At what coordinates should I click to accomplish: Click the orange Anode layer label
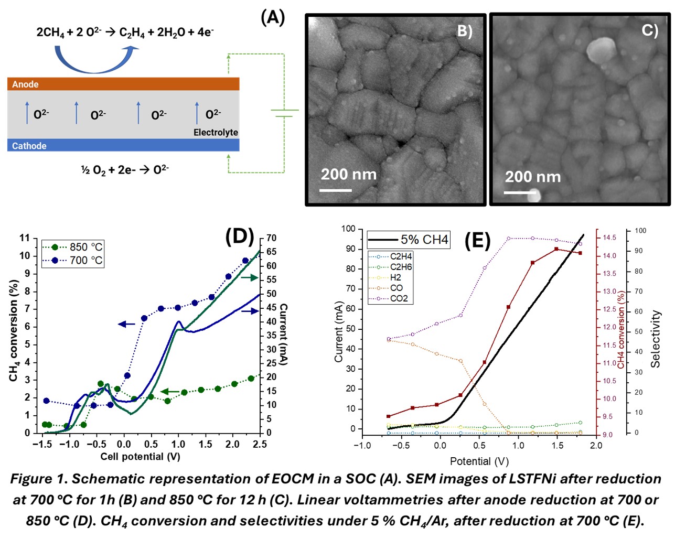click(x=25, y=84)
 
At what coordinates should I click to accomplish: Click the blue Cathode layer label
click(x=29, y=146)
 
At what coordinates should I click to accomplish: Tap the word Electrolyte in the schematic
click(x=216, y=132)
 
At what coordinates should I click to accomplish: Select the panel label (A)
click(x=273, y=18)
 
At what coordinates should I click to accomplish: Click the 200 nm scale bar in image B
click(x=336, y=189)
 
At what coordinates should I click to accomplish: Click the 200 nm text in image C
click(x=533, y=177)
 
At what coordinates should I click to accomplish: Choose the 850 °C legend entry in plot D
click(x=73, y=247)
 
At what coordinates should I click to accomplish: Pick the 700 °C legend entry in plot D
click(x=73, y=260)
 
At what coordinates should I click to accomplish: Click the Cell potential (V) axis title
click(x=140, y=456)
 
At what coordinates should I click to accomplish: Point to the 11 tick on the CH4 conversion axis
click(x=25, y=238)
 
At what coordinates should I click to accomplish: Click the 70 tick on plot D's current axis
click(x=271, y=238)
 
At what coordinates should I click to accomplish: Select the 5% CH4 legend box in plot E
click(x=408, y=240)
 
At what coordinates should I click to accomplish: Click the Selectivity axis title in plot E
click(x=655, y=339)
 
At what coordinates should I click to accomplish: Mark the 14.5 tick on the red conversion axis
click(x=609, y=238)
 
